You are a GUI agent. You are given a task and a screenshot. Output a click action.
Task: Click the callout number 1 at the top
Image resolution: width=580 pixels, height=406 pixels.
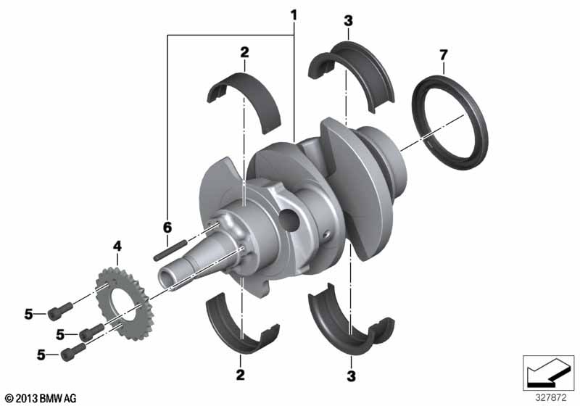pos(294,15)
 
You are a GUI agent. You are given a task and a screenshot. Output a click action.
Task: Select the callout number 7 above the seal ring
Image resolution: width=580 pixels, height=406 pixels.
pos(444,55)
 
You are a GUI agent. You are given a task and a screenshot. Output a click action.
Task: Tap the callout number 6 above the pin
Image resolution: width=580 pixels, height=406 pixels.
pos(167,228)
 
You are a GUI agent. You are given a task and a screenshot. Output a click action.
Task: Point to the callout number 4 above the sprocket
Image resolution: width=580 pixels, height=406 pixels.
pos(117,246)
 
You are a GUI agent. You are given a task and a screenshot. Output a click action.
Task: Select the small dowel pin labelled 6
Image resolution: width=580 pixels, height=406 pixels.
pos(170,250)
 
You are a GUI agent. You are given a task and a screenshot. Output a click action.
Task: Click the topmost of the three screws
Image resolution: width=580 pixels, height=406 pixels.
pos(60,311)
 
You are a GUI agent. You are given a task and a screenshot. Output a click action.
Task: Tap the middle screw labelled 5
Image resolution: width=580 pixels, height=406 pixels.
pos(92,331)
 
